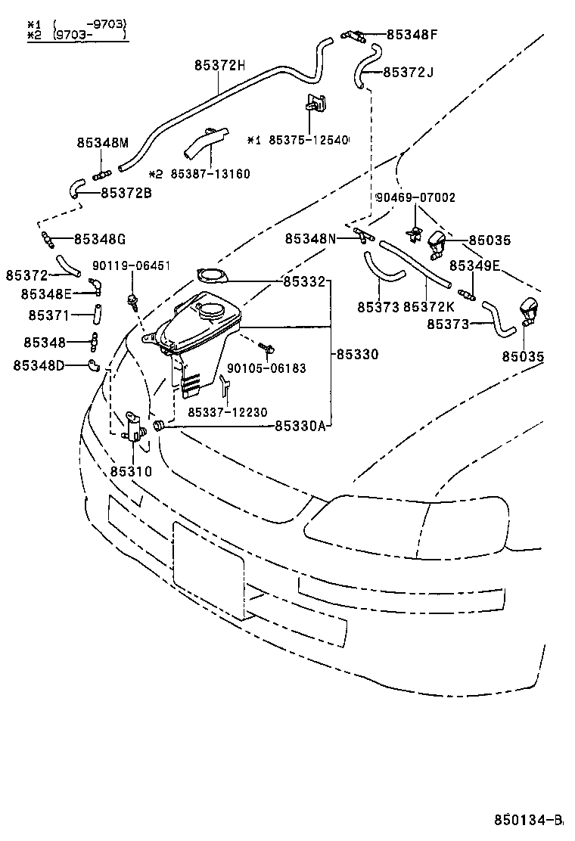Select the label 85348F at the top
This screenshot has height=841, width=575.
(x=412, y=34)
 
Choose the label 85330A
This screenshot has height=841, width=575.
(x=300, y=426)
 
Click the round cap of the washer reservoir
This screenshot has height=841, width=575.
(x=212, y=310)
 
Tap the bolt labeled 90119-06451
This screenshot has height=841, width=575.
(x=133, y=302)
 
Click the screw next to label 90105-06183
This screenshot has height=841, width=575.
(x=266, y=349)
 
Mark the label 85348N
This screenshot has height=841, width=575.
(x=310, y=238)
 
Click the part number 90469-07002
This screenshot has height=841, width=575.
(x=415, y=197)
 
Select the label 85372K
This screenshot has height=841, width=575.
(x=429, y=306)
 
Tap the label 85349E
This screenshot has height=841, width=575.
(x=474, y=265)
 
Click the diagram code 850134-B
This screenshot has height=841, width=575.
(x=529, y=820)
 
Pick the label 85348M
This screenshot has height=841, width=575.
(x=103, y=142)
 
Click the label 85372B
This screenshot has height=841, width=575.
(x=126, y=192)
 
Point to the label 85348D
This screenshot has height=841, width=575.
(x=39, y=366)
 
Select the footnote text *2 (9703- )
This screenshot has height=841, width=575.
(x=76, y=35)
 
